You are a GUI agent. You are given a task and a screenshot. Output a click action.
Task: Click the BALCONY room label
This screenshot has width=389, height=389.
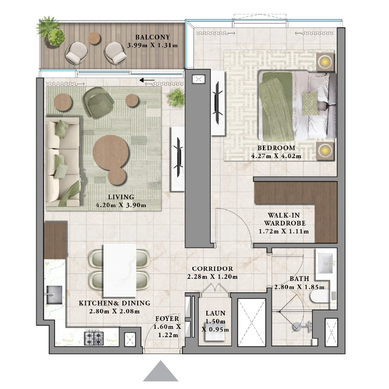pyautogui.click(x=152, y=37)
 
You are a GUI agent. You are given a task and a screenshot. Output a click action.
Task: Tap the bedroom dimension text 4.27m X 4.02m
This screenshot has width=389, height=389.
pyautogui.click(x=276, y=156)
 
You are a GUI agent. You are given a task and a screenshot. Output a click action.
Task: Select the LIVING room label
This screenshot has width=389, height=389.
pyautogui.click(x=121, y=197)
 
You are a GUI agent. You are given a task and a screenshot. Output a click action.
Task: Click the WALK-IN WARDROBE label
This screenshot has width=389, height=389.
pyautogui.click(x=284, y=219)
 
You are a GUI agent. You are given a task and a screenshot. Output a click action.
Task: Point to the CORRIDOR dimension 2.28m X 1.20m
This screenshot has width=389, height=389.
pyautogui.click(x=213, y=277)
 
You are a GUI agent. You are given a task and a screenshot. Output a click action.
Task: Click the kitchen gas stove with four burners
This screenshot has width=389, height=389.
pyautogui.click(x=94, y=338)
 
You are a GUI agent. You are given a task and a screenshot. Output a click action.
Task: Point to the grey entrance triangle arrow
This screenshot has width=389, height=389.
pyautogui.click(x=161, y=372)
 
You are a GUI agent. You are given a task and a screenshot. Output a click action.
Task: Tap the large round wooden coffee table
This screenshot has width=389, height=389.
pyautogui.click(x=111, y=151)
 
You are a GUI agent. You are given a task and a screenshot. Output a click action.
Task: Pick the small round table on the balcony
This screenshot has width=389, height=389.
pyautogui.click(x=95, y=38)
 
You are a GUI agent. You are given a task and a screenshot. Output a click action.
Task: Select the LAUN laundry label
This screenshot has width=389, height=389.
pyautogui.click(x=215, y=313)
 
